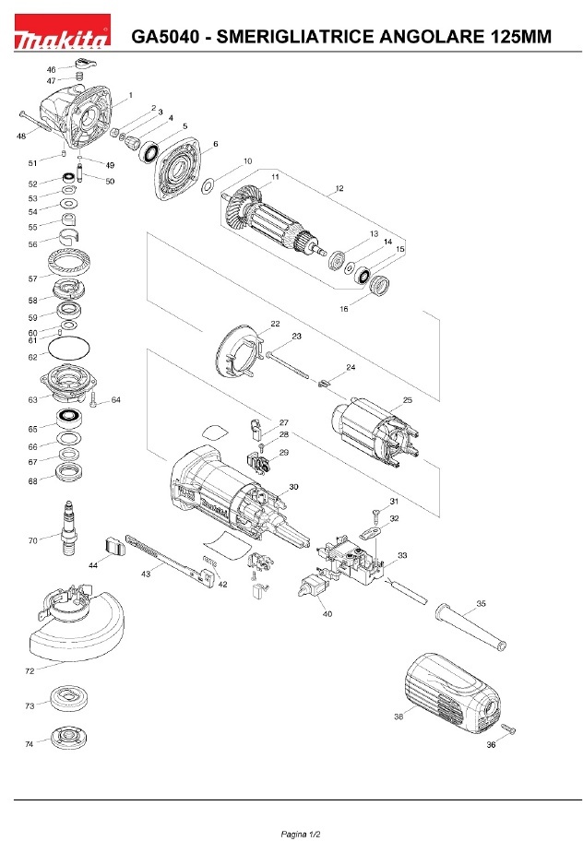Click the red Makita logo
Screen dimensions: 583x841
coord(62,31)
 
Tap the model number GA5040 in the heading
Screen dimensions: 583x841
coord(165,37)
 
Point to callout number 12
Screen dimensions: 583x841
coord(339,188)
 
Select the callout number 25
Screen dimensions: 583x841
coord(407,400)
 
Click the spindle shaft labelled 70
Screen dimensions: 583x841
coord(69,528)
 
